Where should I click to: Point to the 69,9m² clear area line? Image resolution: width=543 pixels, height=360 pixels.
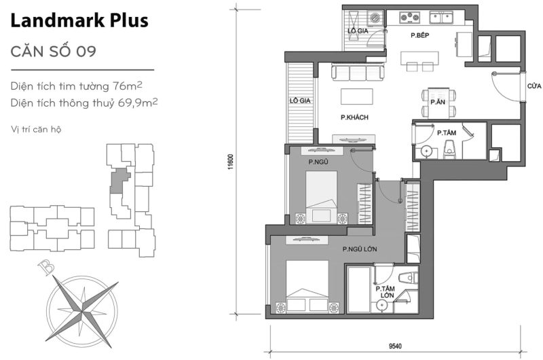[85, 103]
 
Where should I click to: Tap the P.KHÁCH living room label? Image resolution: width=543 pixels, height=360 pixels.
[354, 118]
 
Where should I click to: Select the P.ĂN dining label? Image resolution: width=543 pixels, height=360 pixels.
[437, 102]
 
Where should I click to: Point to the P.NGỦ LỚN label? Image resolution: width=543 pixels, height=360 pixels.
[360, 249]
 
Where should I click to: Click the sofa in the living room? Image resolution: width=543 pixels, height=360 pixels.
[356, 72]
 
